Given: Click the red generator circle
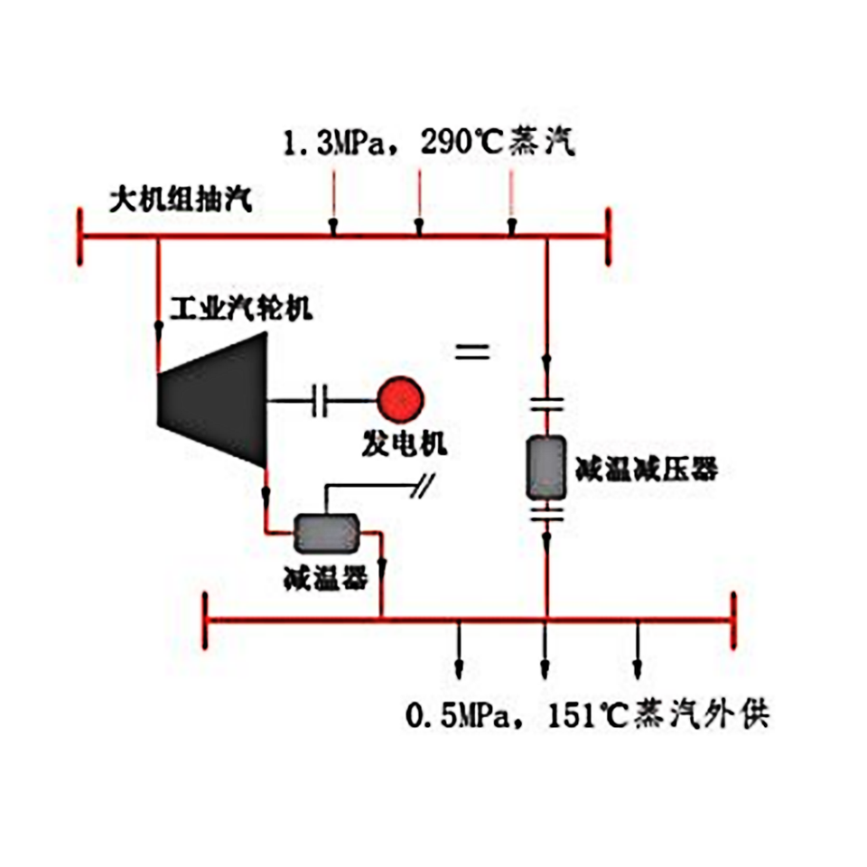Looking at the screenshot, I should tap(398, 398).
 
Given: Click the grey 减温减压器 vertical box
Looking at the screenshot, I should tap(546, 467).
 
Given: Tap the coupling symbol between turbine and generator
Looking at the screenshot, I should tap(319, 399).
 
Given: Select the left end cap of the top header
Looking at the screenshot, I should tap(81, 238).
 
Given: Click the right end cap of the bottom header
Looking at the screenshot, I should tap(733, 620).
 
